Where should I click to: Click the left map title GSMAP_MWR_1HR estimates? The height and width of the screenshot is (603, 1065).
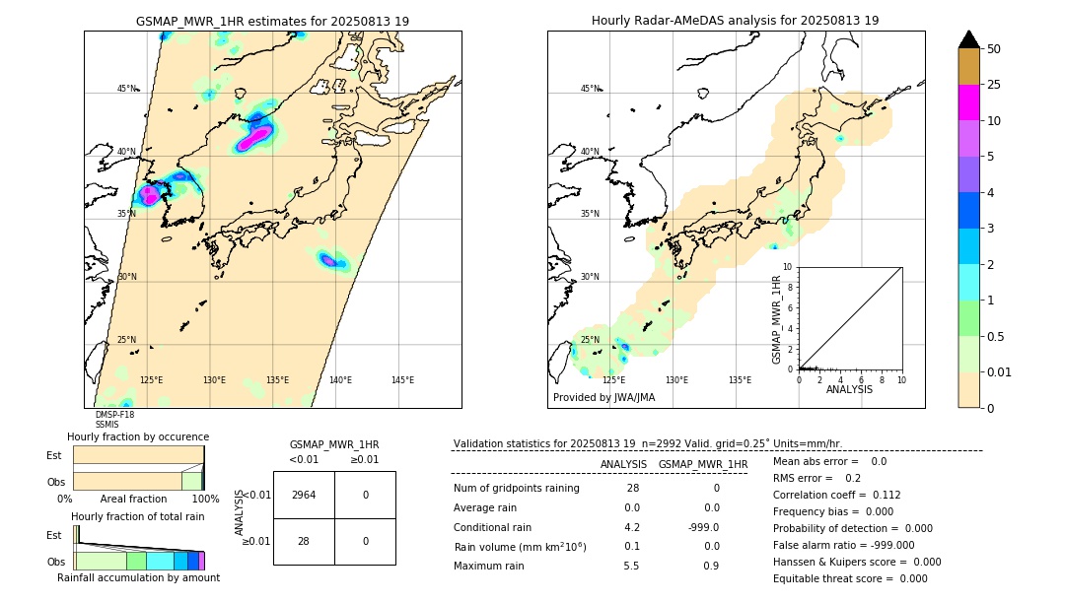pos(272,21)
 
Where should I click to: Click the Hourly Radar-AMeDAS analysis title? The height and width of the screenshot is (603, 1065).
pos(735,21)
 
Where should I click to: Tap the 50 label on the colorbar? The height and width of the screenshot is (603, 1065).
pos(995,48)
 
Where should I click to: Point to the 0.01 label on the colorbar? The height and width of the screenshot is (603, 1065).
pos(1000,371)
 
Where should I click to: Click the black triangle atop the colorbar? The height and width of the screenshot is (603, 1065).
pos(969,39)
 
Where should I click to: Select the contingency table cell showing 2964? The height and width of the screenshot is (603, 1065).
pos(304,495)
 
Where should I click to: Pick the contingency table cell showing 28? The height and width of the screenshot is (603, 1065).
pos(304,541)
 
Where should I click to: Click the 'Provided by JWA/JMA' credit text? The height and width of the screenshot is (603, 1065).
pos(603,397)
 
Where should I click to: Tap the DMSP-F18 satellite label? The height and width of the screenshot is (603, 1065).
pos(114,415)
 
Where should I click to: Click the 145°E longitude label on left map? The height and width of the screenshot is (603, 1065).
pos(402,380)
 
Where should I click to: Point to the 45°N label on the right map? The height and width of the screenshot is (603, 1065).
pos(590,89)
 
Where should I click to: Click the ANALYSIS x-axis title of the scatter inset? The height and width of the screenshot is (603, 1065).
pos(849,389)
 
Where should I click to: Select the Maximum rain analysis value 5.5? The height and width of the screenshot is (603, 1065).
pos(632,566)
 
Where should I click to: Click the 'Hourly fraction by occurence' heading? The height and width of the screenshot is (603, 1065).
pos(138,436)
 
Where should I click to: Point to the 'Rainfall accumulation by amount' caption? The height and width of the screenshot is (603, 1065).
pos(138,577)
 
